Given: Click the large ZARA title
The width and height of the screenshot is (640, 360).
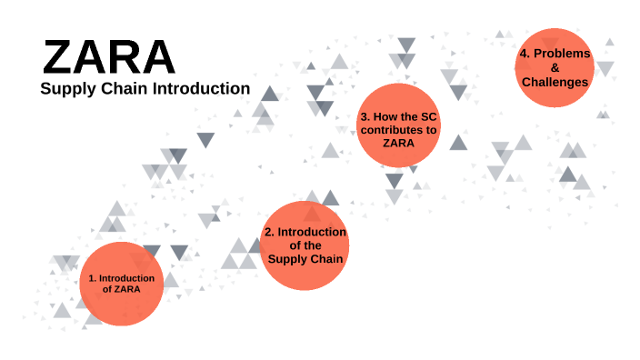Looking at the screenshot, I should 108,57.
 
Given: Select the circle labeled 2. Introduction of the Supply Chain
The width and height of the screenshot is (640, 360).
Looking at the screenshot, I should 305,245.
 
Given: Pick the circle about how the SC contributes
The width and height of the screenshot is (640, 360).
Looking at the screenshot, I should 398,125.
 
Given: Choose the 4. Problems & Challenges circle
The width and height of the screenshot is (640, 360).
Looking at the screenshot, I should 555,67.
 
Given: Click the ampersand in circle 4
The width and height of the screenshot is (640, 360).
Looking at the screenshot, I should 555,67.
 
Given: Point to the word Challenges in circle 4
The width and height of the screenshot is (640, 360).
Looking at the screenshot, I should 555,82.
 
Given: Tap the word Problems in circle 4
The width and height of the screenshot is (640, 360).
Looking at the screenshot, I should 562,53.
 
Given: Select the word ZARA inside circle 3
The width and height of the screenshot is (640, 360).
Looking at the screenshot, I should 398,143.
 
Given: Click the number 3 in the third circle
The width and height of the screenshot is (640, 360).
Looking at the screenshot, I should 363,117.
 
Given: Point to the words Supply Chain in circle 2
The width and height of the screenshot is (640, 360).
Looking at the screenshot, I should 305,259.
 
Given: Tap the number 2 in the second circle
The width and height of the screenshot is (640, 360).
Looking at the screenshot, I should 267,232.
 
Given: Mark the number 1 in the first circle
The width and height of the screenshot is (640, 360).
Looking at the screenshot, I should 91,277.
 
